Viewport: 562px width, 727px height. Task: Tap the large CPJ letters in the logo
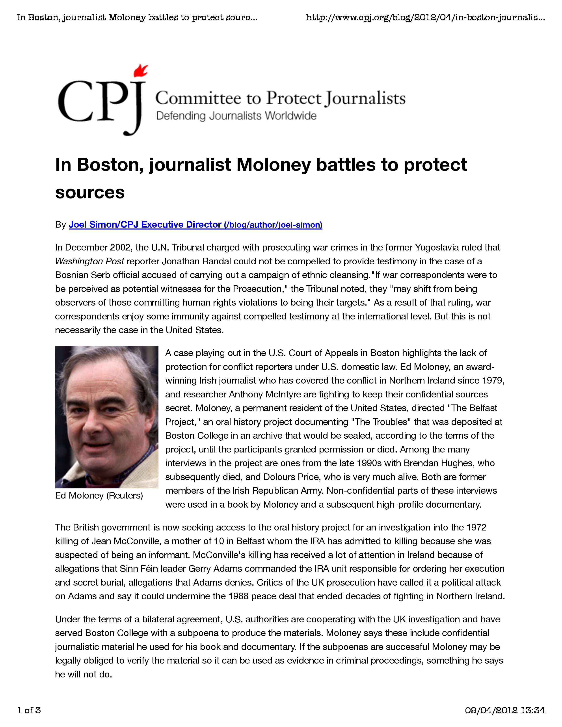pos(100,102)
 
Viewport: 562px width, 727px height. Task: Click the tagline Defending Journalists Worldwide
pos(236,116)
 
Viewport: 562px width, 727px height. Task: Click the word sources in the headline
pos(90,192)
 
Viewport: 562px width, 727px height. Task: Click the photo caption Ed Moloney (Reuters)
pos(99,496)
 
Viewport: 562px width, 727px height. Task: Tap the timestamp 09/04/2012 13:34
pos(505,710)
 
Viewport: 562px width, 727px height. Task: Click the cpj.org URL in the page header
pos(425,17)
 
